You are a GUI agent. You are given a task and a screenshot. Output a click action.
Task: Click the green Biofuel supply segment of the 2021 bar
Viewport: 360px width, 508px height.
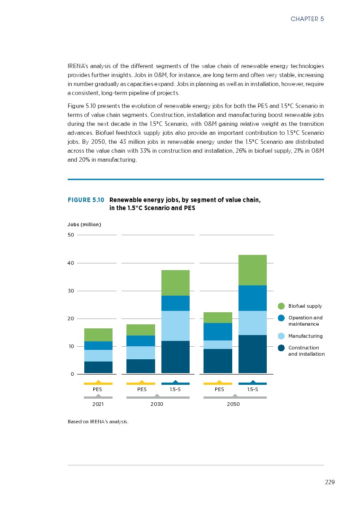tap(98, 335)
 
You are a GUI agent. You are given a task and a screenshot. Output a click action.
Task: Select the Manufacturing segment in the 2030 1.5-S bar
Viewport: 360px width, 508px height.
tap(175, 326)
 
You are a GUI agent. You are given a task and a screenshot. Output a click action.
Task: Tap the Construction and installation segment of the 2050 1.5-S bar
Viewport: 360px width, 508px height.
tap(252, 354)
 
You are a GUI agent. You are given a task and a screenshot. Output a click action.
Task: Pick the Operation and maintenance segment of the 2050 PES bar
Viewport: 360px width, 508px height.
tap(218, 331)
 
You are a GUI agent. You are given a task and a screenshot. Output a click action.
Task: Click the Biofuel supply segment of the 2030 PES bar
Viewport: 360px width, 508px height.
tap(141, 330)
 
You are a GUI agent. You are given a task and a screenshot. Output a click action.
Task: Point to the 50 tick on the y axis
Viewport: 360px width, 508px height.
tap(70, 235)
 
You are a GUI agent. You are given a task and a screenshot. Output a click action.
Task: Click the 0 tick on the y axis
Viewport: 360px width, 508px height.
tap(72, 374)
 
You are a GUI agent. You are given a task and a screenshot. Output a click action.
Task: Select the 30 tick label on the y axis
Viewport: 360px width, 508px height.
tap(70, 291)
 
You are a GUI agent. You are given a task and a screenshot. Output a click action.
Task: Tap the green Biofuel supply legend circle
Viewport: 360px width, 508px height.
tap(281, 306)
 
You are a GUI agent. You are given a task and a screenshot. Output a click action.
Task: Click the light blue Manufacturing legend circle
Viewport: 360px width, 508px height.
tap(281, 336)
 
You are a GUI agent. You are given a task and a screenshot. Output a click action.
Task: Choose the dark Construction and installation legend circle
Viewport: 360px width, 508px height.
tap(281, 348)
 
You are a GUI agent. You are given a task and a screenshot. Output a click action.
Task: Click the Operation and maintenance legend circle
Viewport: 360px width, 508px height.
tap(281, 318)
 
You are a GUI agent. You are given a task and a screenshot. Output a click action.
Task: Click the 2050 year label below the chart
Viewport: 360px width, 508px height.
tap(233, 404)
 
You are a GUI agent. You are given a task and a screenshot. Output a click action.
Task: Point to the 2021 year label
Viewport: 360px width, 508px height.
tap(98, 404)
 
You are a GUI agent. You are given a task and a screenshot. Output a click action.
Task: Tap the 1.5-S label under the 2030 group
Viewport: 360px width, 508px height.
tap(175, 389)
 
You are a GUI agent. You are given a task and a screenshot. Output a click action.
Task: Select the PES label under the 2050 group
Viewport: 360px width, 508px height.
tap(219, 389)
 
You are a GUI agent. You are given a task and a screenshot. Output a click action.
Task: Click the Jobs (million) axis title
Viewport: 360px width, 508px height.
tap(84, 224)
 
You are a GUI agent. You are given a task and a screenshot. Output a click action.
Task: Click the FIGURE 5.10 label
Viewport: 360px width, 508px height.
tap(86, 200)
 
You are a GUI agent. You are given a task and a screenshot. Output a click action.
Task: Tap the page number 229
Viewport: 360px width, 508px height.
tap(330, 482)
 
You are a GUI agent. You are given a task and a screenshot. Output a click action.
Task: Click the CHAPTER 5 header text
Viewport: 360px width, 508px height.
tap(307, 19)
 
